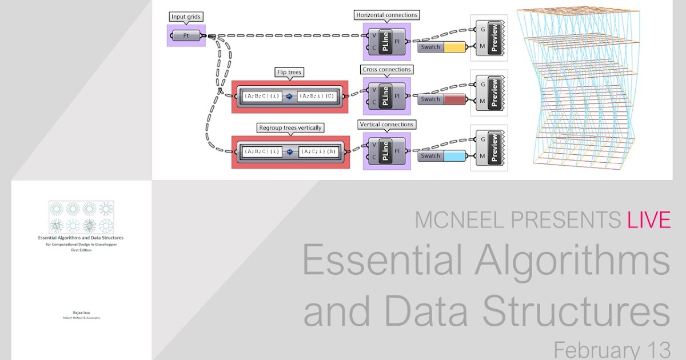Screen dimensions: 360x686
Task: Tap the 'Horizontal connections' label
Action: pyautogui.click(x=386, y=15)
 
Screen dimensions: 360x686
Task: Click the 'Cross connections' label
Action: pyautogui.click(x=386, y=69)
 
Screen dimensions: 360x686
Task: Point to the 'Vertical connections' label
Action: pyautogui.click(x=386, y=124)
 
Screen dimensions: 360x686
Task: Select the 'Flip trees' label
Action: pyautogui.click(x=288, y=72)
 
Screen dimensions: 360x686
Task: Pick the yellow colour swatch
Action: pyautogui.click(x=456, y=47)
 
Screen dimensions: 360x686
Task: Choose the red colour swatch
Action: pyautogui.click(x=456, y=99)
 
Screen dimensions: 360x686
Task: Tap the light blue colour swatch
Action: pyautogui.click(x=456, y=155)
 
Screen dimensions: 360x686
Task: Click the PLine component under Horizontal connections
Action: pyautogui.click(x=386, y=42)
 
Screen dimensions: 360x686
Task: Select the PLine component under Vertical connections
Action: pyautogui.click(x=386, y=151)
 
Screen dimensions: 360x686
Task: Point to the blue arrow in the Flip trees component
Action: pyautogui.click(x=289, y=96)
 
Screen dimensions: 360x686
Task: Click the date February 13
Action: pyautogui.click(x=612, y=350)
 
